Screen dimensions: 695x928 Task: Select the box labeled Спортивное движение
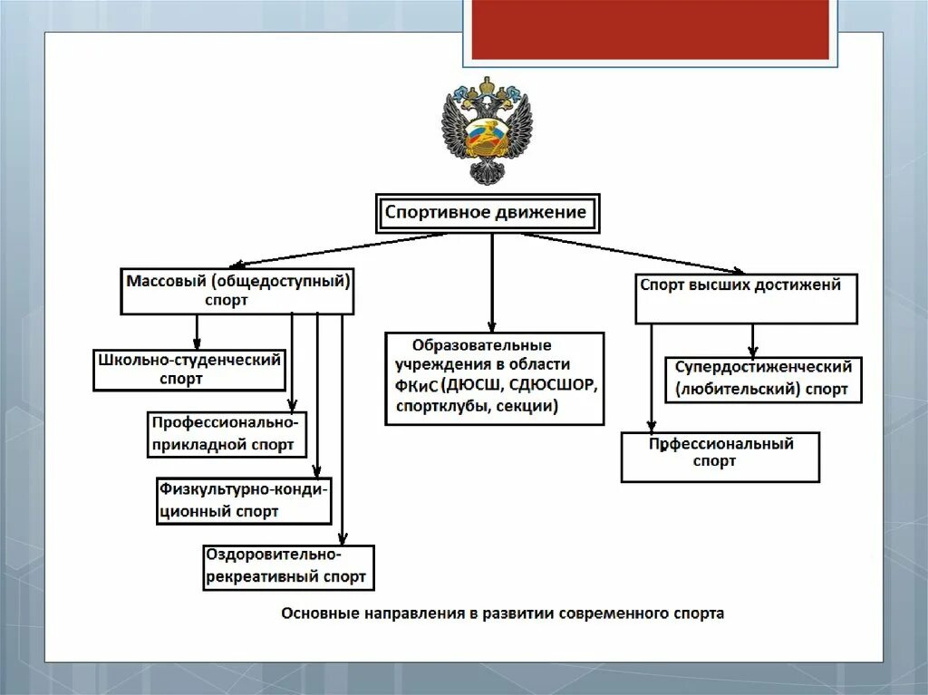click(488, 214)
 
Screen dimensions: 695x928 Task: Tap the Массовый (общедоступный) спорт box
click(237, 291)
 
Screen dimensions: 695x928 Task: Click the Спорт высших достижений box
click(745, 297)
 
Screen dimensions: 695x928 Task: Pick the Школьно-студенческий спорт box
click(188, 370)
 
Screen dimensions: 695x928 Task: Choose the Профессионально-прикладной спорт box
click(227, 434)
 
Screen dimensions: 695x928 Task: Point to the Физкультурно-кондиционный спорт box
click(244, 500)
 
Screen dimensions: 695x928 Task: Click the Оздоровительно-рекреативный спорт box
click(288, 567)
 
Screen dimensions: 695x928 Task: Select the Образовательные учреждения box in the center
click(495, 378)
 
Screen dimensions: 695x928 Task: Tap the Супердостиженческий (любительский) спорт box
click(763, 379)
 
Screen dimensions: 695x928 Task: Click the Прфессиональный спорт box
click(720, 456)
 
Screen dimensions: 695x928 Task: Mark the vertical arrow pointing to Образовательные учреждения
click(492, 281)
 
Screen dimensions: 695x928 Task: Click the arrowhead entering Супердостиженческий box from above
click(752, 352)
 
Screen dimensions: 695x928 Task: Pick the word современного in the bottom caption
click(619, 613)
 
